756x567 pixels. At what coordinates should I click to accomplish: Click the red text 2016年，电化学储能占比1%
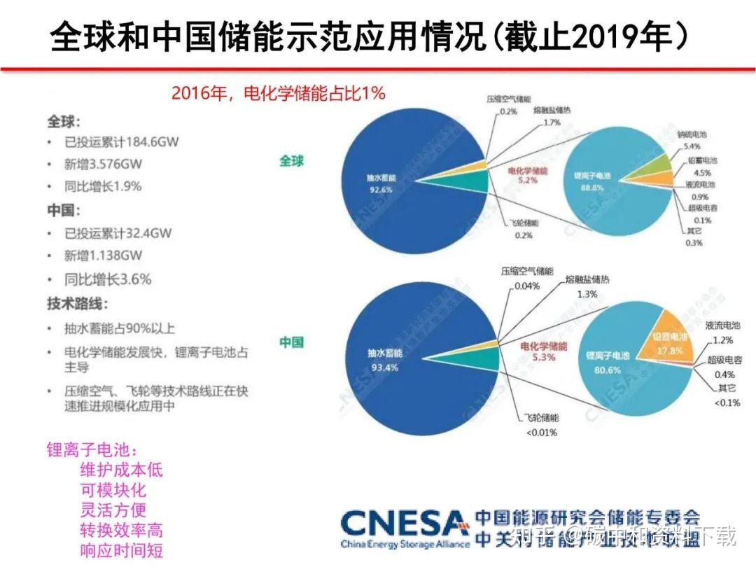coord(278,93)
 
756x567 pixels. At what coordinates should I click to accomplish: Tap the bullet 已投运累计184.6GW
coord(121,141)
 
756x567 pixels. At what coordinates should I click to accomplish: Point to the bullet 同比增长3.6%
coord(108,279)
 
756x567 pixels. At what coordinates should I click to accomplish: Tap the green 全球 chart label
coord(292,160)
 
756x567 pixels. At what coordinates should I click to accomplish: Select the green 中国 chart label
coord(292,343)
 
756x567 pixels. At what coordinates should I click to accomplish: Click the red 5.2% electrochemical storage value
coord(528,180)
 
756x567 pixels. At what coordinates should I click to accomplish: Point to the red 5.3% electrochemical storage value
coord(544,357)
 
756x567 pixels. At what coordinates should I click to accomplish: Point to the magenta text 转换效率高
coord(122,530)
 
